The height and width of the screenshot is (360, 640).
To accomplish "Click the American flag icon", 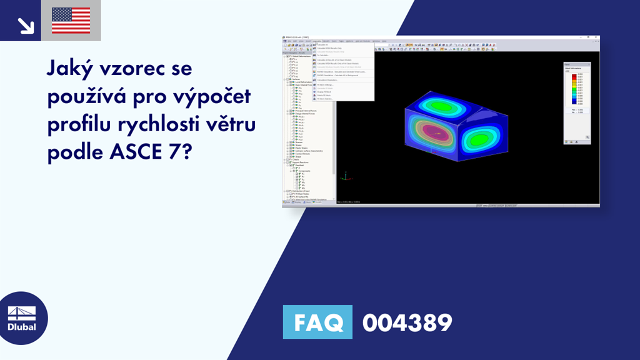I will point(71,21).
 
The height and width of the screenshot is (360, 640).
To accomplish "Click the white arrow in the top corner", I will point(25,24).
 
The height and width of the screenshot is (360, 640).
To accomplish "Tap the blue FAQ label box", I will point(317,322).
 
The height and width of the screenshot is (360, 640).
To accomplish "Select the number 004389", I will point(407,322).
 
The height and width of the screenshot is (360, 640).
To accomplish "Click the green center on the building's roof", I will point(447,107).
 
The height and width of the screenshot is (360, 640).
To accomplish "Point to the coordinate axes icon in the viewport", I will point(343,177).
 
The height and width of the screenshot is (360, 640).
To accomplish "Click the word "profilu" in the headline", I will point(75,124).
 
